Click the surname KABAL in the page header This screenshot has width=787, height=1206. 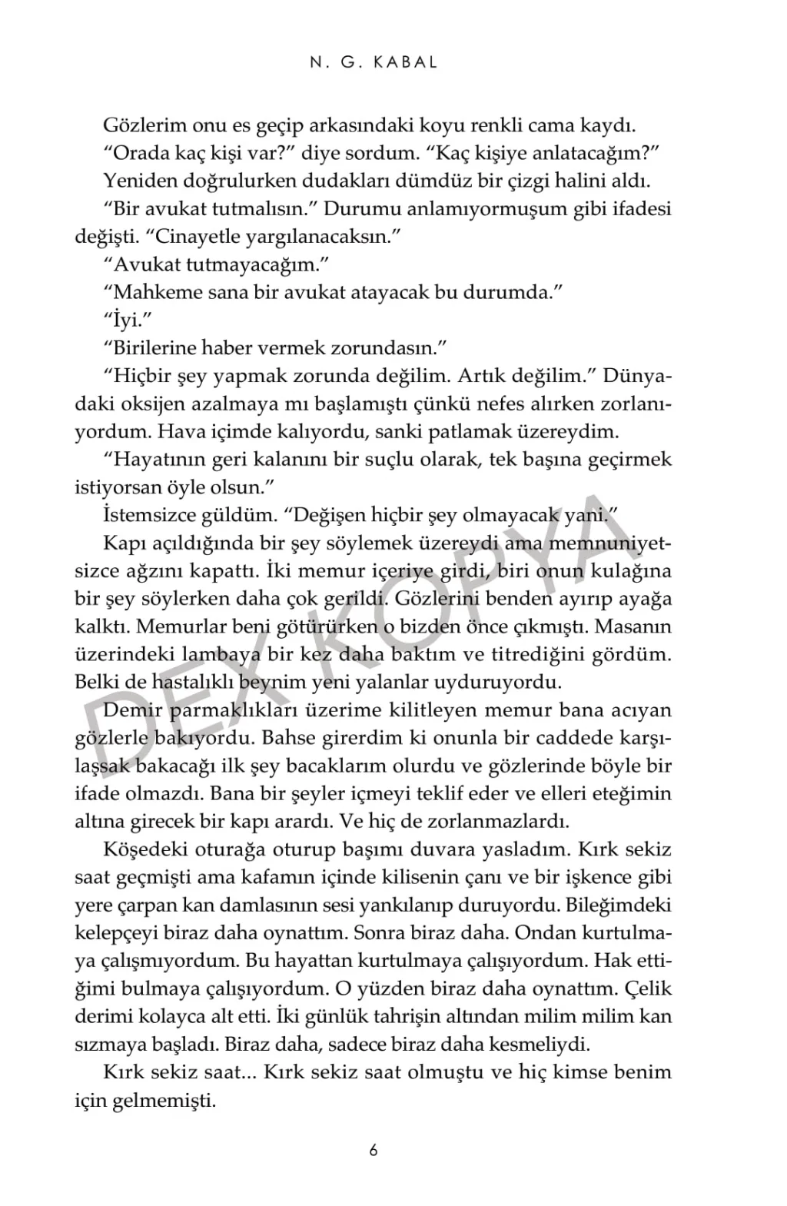click(x=405, y=63)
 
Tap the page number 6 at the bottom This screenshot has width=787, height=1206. click(x=374, y=1151)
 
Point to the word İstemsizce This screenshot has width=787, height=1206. click(x=145, y=515)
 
